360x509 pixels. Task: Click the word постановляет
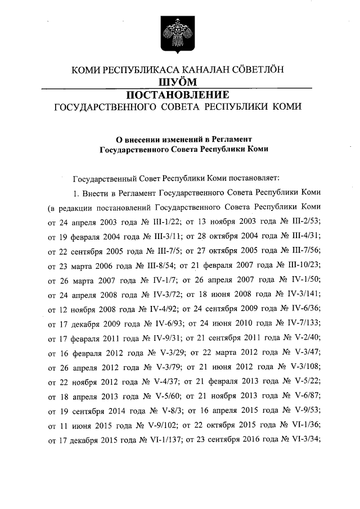pos(247,178)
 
